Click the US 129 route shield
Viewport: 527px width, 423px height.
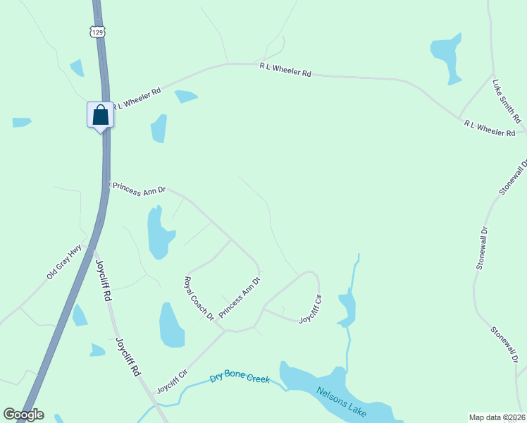(x=97, y=32)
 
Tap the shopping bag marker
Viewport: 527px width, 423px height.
(x=100, y=115)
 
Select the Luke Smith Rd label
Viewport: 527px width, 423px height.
(x=506, y=99)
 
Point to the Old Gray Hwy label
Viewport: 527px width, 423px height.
(x=64, y=262)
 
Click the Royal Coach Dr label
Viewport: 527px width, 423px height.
(x=199, y=298)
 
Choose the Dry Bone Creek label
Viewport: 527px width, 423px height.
(x=240, y=379)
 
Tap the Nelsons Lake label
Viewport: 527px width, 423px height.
(x=342, y=403)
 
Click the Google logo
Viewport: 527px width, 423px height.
(x=23, y=415)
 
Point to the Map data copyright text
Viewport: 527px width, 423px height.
(x=497, y=417)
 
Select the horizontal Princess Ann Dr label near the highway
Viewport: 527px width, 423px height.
(x=139, y=190)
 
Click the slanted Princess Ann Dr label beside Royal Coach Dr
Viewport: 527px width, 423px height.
(x=240, y=296)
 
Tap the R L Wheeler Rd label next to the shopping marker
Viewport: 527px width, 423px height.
(x=137, y=98)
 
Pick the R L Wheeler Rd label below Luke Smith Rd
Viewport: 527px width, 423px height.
(x=490, y=128)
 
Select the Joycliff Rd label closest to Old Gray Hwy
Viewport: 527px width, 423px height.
(x=104, y=280)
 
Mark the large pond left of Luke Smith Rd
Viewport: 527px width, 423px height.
(x=447, y=55)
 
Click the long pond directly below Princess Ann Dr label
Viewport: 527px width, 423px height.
(x=157, y=234)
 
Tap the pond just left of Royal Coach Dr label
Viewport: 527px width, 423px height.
(x=170, y=326)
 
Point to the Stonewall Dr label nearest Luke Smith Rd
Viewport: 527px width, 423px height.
(x=513, y=178)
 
